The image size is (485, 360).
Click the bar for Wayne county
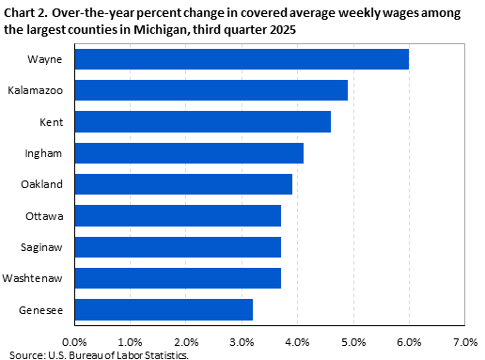[241, 59]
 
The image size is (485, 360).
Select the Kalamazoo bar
[211, 90]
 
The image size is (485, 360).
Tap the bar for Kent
[202, 121]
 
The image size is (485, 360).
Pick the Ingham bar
[188, 153]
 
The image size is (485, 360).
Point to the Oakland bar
[182, 184]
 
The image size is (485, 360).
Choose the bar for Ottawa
[177, 216]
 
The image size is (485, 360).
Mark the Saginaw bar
[177, 247]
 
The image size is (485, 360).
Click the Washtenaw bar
[177, 278]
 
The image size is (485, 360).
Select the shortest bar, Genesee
[163, 310]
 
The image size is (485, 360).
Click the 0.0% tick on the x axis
[73, 341]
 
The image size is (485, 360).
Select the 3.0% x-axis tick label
[242, 341]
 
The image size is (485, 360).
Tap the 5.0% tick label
[353, 341]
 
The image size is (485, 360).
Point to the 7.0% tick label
[464, 341]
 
